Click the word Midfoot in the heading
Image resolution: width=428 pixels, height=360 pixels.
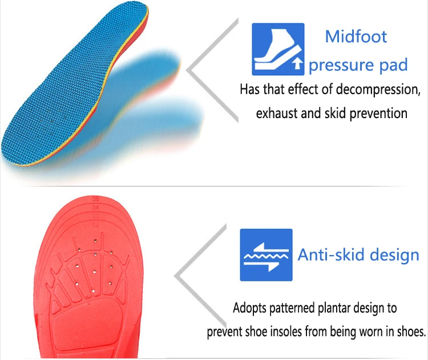356,37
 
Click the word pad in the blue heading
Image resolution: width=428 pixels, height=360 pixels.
393,65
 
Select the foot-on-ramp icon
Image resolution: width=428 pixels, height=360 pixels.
278,49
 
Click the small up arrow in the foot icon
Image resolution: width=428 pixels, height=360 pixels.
297,63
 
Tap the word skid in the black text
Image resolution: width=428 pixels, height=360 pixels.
336,113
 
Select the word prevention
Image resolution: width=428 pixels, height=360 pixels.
378,114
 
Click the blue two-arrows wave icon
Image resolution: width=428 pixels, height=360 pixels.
266,255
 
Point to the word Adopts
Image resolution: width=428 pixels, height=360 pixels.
249,309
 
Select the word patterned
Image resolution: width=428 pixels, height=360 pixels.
292,309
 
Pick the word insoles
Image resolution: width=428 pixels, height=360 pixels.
286,332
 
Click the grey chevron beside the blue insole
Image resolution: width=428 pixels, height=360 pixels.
212,70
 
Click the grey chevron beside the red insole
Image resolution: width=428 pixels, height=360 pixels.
200,276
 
